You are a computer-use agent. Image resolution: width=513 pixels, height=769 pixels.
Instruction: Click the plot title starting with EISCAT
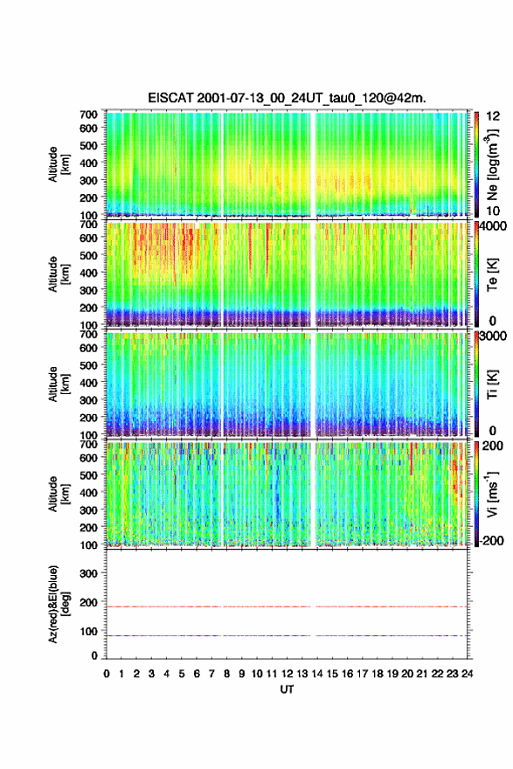pos(287,98)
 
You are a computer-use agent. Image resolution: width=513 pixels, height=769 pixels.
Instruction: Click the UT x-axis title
pos(287,689)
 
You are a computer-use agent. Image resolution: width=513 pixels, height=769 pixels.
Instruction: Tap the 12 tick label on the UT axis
pos(288,674)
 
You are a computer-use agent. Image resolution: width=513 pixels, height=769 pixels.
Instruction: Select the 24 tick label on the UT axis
pos(467,674)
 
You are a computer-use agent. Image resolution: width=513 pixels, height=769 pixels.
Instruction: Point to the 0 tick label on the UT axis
pos(107,674)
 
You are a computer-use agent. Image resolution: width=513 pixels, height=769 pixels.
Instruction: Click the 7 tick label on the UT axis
pos(211,674)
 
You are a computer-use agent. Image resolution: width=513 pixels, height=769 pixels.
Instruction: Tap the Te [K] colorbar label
pos(492,274)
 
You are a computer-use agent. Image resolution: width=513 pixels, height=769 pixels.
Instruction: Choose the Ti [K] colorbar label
pos(492,384)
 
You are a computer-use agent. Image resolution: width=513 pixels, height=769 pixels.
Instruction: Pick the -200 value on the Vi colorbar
pos(491,541)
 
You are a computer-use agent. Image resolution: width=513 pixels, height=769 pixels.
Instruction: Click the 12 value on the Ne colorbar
pos(493,116)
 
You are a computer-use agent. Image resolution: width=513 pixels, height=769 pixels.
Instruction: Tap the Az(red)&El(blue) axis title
pos(59,605)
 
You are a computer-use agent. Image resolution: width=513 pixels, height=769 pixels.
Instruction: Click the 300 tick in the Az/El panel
pos(89,573)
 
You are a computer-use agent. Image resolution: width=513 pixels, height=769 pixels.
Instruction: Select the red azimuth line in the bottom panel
pos(287,607)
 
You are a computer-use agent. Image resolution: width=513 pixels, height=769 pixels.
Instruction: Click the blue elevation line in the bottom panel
pos(287,636)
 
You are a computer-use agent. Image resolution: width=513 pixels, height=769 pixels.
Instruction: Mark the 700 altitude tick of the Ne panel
pos(89,114)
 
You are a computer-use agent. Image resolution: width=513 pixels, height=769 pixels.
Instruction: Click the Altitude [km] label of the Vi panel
pos(59,495)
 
